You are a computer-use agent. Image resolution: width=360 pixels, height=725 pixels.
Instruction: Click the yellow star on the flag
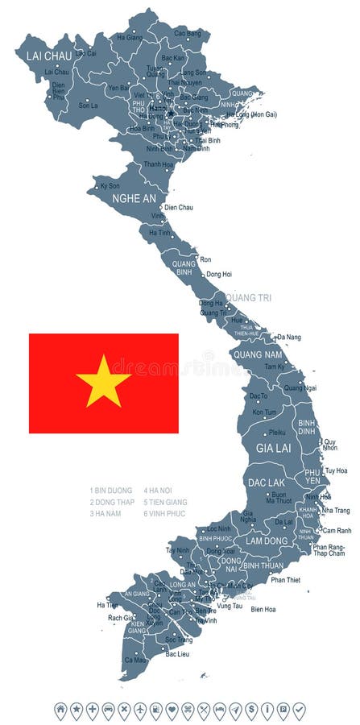103,381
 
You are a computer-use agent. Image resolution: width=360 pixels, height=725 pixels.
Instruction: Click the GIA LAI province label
272,447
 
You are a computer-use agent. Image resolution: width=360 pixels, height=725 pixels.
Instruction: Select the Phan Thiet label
285,579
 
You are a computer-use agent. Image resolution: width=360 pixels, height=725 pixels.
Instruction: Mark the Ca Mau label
134,660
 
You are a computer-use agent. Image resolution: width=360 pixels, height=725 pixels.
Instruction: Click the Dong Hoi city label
218,275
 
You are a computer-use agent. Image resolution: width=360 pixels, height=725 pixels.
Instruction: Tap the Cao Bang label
188,33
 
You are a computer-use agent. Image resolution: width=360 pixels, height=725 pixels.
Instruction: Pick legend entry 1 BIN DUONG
112,490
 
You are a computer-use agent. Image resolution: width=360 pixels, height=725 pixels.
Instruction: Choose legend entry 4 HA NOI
159,490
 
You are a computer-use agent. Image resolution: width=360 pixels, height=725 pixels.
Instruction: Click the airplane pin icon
140,710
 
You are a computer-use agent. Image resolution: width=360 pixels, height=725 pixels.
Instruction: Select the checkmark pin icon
299,710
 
